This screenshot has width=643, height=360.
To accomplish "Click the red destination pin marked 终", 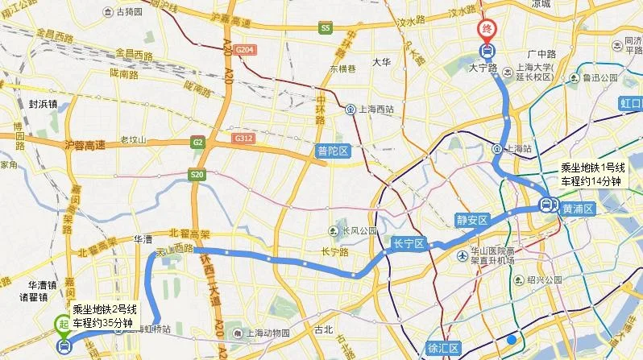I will (487, 30).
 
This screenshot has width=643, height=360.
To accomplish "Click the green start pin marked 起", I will (63, 324).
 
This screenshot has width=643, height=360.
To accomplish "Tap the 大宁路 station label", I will (485, 69).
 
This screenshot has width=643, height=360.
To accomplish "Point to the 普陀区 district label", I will (332, 151).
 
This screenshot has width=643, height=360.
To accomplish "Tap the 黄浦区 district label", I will (578, 208).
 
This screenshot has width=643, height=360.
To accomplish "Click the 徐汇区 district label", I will (443, 349).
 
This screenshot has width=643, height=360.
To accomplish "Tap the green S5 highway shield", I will (326, 28).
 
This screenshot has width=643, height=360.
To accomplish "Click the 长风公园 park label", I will (359, 230).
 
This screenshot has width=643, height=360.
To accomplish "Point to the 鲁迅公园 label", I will (597, 78).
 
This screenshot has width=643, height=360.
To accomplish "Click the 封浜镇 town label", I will (43, 104).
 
